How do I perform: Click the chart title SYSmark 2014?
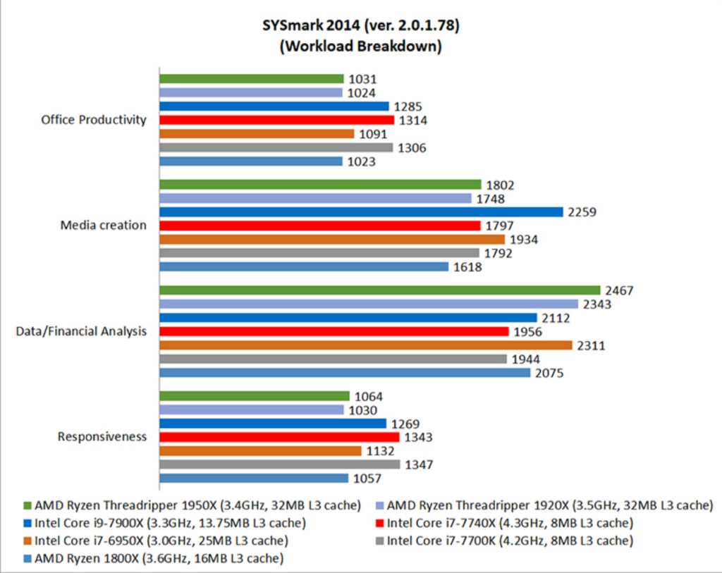tap(360, 27)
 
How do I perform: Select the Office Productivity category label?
tap(94, 120)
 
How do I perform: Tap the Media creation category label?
tap(104, 226)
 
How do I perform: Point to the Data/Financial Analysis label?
tap(81, 331)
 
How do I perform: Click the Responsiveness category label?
tap(102, 436)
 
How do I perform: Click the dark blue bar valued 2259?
tap(361, 211)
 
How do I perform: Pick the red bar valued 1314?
tap(276, 120)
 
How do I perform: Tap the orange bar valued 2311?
tap(366, 345)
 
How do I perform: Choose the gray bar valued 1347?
tap(279, 464)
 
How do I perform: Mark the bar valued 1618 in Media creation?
tap(304, 266)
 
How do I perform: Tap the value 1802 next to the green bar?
tap(500, 185)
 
